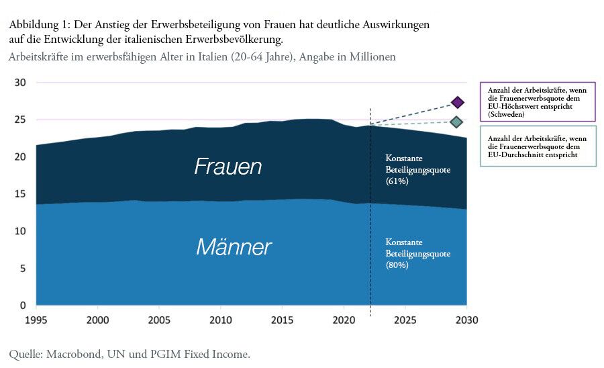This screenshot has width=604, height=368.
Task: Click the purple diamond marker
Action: (458, 102)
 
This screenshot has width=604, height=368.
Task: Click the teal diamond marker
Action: (456, 122)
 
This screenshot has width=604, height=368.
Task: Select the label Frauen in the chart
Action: (228, 167)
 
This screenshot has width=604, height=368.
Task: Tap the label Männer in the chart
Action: (234, 247)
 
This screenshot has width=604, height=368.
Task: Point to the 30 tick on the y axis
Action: (20, 83)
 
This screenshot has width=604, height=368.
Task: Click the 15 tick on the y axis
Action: (20, 194)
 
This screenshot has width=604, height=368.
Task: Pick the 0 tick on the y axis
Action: (23, 306)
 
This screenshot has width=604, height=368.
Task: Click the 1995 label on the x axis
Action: (36, 320)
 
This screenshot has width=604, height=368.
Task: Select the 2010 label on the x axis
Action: (221, 320)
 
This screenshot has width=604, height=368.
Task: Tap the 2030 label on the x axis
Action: (466, 320)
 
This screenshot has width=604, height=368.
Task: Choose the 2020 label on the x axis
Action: (344, 320)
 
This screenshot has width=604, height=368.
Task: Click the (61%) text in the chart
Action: (397, 181)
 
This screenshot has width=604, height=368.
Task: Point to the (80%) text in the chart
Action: (397, 265)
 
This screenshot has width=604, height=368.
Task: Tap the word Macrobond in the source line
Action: (74, 354)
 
